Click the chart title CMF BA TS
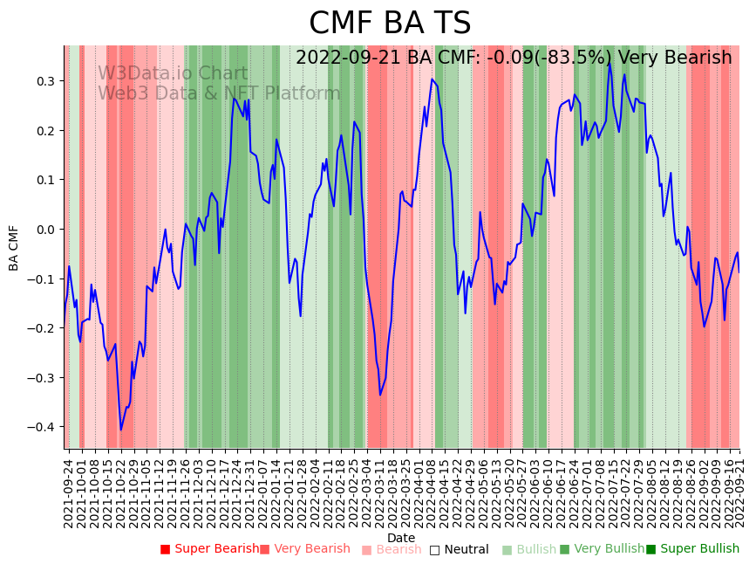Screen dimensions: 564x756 tap(390, 24)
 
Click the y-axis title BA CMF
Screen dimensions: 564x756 tap(14, 247)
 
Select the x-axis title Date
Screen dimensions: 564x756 tap(401, 538)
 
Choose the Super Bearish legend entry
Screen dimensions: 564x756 tap(209, 549)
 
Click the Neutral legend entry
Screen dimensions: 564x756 tap(459, 549)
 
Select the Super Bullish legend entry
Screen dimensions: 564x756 tap(692, 549)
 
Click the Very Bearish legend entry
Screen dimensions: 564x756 tap(305, 549)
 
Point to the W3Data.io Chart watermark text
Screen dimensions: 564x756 tap(173, 73)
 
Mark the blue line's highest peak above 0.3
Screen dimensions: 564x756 tap(610, 63)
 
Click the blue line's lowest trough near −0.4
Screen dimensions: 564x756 tap(121, 430)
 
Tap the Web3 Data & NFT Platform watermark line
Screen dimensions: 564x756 tap(219, 93)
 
